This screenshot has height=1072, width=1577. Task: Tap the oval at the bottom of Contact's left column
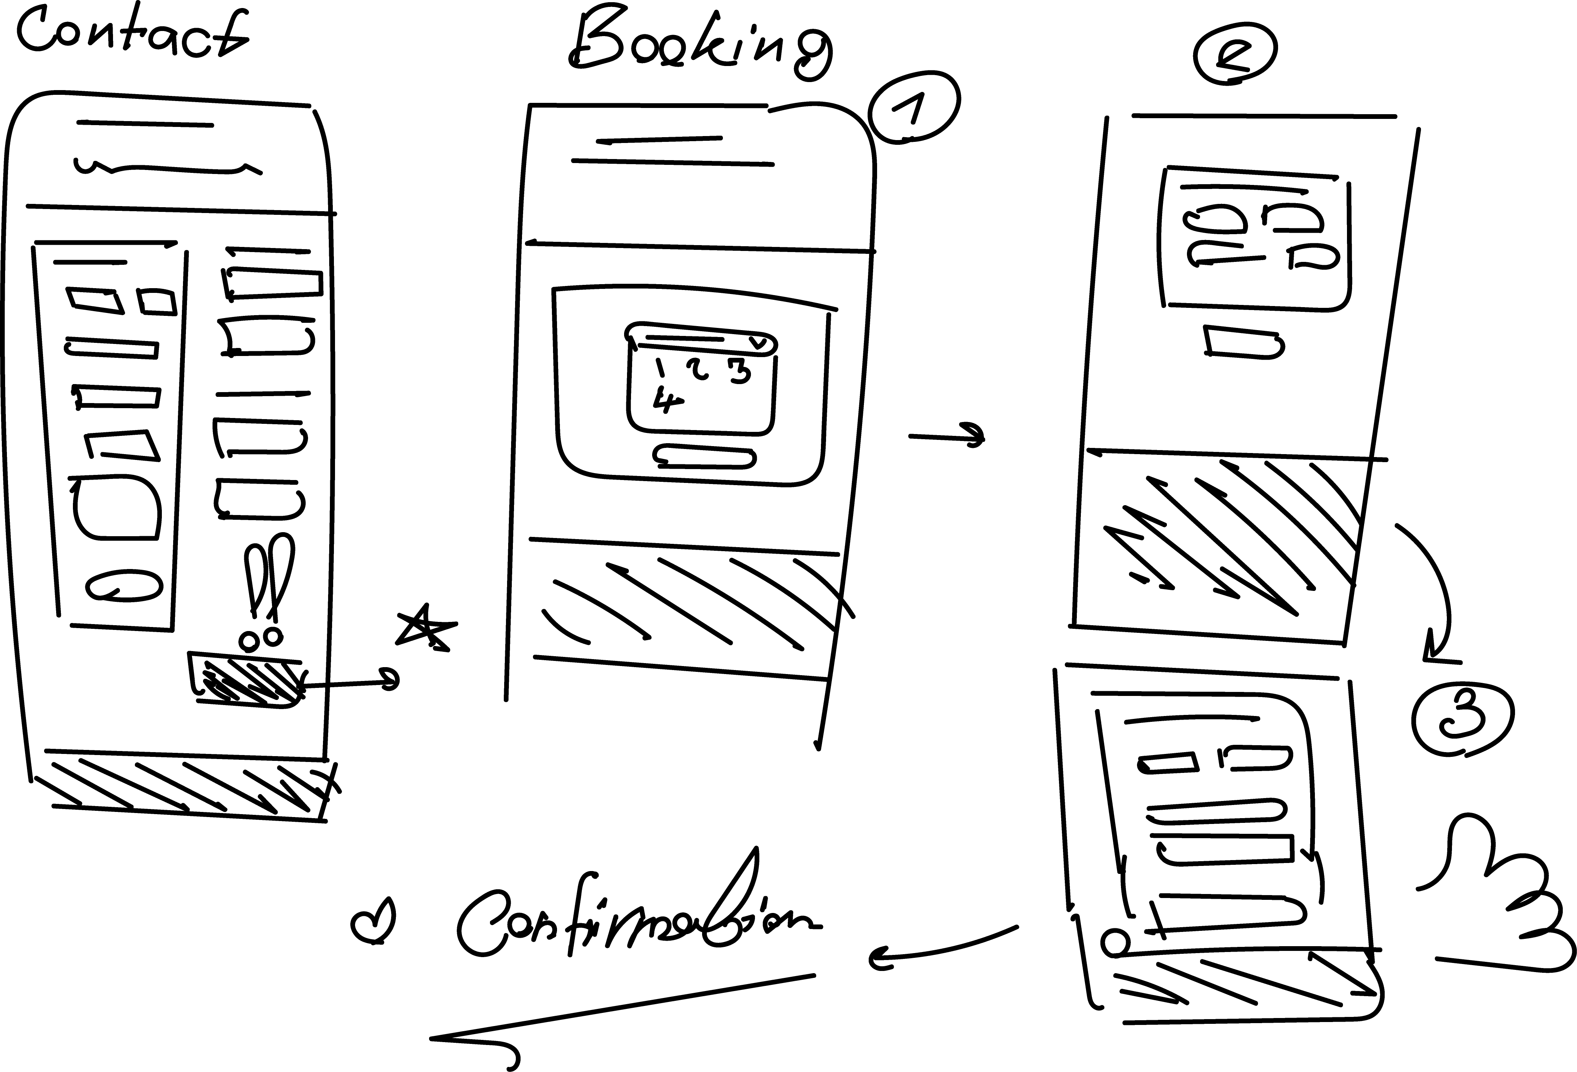click(x=124, y=585)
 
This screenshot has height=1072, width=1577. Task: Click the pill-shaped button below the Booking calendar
click(x=705, y=456)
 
